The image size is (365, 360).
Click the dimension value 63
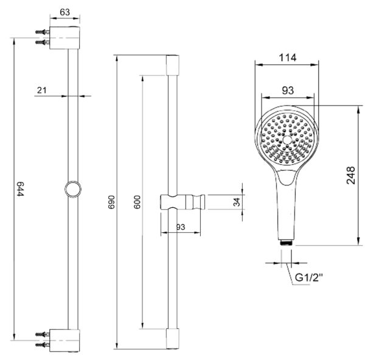(64, 12)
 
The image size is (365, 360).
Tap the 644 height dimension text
(21, 189)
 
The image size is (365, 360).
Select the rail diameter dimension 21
(42, 90)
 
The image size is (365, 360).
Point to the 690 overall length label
(111, 202)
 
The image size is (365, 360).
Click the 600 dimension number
(137, 202)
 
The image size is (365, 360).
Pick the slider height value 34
(237, 202)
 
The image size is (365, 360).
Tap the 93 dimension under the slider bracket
(181, 227)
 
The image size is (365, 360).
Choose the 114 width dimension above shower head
(288, 58)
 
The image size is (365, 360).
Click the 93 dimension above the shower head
(288, 90)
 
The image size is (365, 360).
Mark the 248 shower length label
(351, 175)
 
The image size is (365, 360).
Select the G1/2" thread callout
(309, 277)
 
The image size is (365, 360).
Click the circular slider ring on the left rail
(73, 189)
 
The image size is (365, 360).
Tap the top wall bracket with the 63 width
(64, 38)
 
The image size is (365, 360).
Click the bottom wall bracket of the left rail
(64, 341)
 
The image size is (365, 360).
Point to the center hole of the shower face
(287, 140)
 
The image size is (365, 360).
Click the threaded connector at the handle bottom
(287, 243)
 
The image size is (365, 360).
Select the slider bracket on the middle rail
(182, 202)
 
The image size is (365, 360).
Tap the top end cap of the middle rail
(173, 65)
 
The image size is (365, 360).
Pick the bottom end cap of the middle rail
(173, 339)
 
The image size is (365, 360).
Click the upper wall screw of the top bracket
(43, 32)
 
